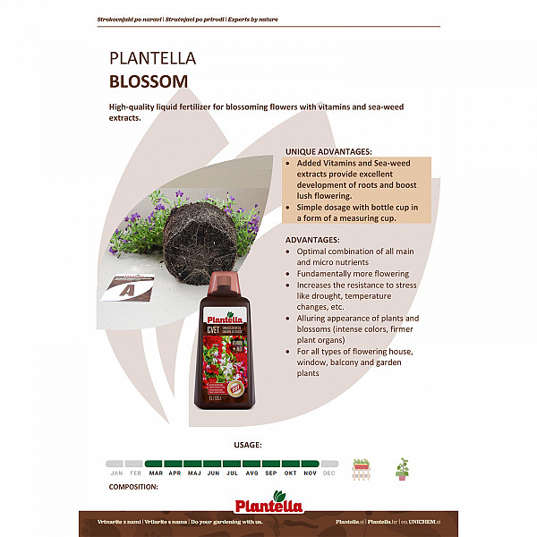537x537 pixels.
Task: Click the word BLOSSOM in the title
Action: click(149, 81)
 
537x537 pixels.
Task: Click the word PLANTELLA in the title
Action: click(152, 59)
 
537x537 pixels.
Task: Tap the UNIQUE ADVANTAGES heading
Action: click(328, 151)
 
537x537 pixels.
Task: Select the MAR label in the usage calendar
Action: click(156, 472)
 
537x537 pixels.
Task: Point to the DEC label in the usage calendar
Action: click(328, 472)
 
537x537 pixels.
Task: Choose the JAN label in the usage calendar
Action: click(116, 472)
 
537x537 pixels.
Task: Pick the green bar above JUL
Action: click(233, 464)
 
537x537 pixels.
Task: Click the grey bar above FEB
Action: click(136, 464)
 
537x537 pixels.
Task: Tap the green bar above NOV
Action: click(310, 464)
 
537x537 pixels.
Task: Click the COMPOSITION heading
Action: click(133, 487)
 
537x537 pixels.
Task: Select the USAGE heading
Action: click(248, 444)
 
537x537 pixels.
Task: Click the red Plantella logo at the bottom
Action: click(268, 499)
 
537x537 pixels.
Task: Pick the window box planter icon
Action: click(362, 466)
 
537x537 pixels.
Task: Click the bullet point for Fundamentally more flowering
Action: click(289, 274)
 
